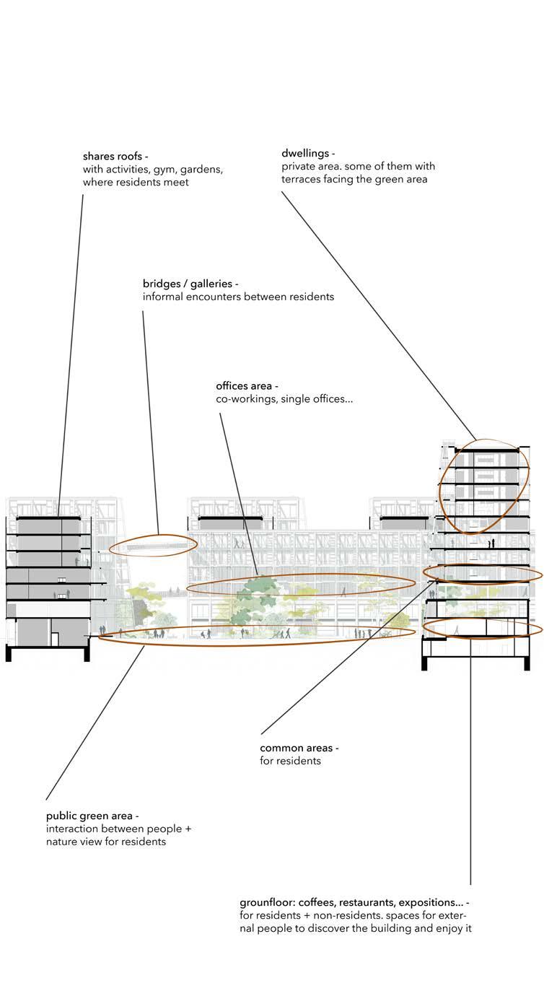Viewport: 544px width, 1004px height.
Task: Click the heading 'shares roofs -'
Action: (x=115, y=157)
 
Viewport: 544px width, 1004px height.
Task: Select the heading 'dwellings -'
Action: (x=308, y=154)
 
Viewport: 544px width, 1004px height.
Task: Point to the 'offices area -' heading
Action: (x=247, y=386)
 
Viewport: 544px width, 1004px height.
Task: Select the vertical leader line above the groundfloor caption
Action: (x=470, y=758)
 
